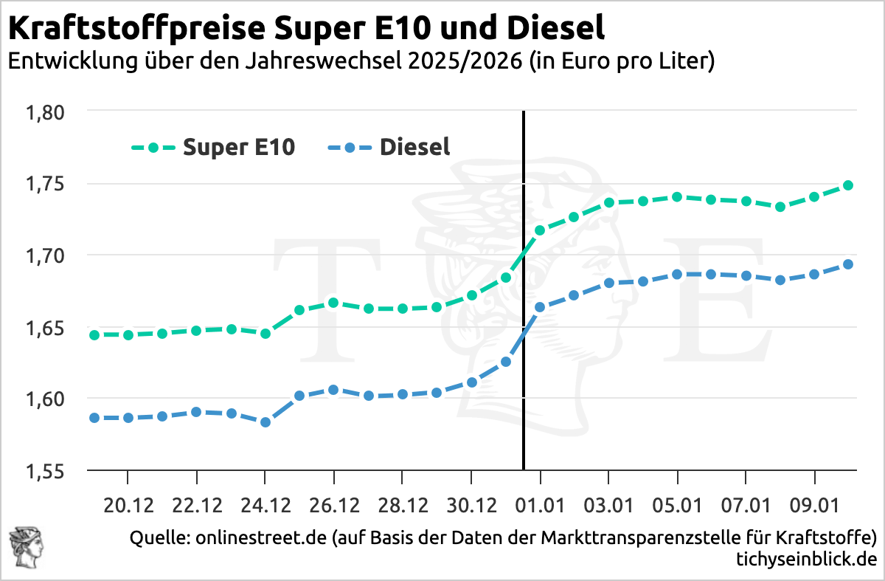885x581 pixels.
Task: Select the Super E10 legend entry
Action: (213, 147)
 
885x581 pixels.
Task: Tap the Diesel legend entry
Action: (389, 147)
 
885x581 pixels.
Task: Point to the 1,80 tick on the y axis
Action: (46, 112)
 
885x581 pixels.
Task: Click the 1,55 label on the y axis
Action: (46, 470)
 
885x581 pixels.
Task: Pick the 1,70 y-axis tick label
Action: (46, 255)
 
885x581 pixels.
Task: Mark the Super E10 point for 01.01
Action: (540, 230)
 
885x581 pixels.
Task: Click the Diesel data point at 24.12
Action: (265, 422)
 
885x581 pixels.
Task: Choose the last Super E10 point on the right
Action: (848, 185)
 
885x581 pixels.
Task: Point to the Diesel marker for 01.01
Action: (540, 307)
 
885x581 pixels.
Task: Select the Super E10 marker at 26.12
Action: (334, 303)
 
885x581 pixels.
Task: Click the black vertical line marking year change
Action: (523, 369)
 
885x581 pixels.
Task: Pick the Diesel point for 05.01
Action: (677, 275)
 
